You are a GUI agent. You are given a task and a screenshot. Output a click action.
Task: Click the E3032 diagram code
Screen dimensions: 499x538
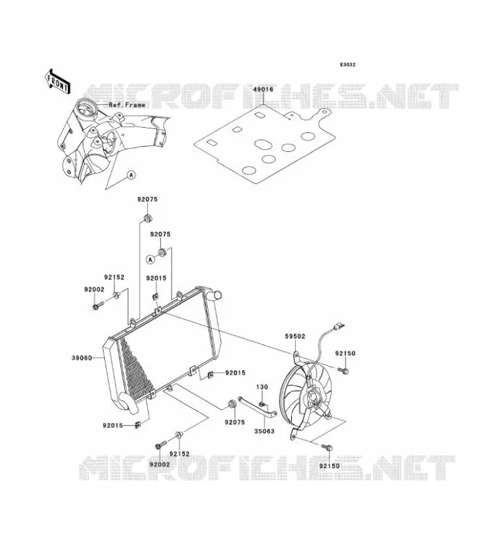[x=348, y=65]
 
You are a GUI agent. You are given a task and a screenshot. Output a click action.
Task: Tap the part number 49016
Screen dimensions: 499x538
[x=263, y=89]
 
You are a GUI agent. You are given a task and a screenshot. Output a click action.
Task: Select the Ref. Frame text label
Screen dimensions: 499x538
[x=127, y=105]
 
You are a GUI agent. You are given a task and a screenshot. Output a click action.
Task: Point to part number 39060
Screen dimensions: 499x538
[x=81, y=358]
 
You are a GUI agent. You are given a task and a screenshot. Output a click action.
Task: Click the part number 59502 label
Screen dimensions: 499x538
[x=295, y=337]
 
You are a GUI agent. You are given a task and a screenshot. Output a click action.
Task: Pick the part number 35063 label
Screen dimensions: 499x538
[x=264, y=431]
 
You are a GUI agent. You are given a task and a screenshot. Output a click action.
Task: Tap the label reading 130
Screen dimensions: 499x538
[x=262, y=387]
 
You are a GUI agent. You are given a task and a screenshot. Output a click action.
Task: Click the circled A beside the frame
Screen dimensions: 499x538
[x=131, y=175]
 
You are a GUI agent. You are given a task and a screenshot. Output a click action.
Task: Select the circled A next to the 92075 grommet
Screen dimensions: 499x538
[x=151, y=260]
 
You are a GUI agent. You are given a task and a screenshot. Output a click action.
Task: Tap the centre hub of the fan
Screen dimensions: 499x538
[x=315, y=397]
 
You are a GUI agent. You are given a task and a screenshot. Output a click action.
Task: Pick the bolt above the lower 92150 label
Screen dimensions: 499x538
[x=326, y=447]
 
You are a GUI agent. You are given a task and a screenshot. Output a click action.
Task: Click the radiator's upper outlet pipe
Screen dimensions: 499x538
[x=216, y=295]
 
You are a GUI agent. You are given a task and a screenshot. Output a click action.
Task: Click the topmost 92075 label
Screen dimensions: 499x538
[x=147, y=199]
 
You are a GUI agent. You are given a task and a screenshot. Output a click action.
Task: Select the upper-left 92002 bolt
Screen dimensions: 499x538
[x=98, y=305]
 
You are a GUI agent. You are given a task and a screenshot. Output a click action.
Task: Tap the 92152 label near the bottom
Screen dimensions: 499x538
[x=179, y=453]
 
